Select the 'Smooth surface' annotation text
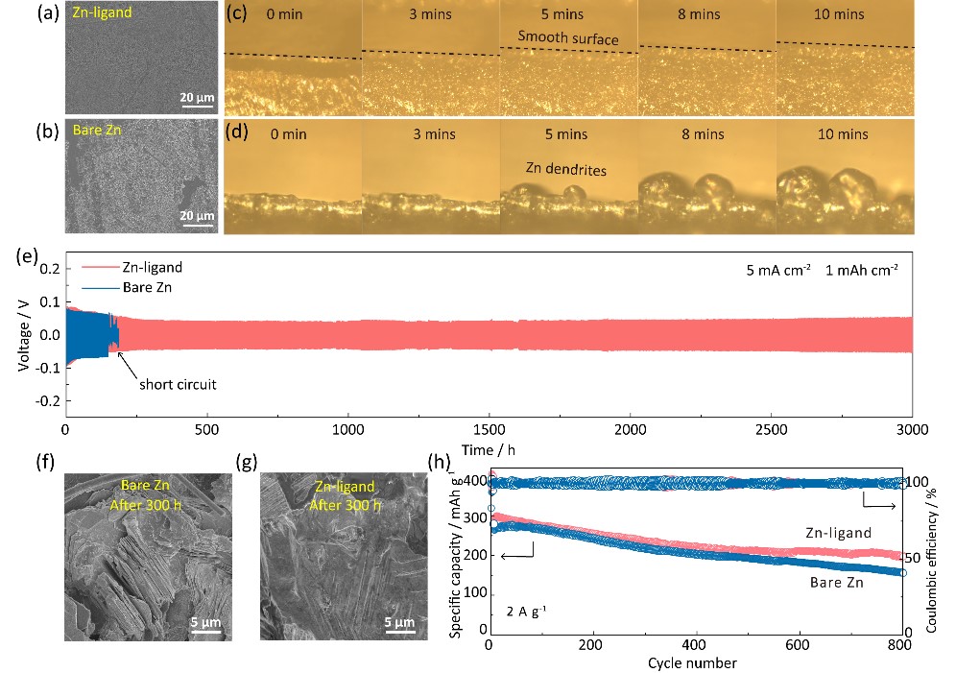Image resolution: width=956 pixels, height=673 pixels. [x=567, y=38]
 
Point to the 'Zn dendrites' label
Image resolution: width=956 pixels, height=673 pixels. [x=565, y=168]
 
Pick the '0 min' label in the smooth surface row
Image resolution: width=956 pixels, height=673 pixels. [x=286, y=14]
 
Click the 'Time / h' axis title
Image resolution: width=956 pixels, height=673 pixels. [x=487, y=449]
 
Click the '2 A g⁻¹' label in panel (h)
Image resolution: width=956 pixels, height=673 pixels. [x=524, y=609]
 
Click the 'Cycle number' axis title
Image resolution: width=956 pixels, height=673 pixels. [x=691, y=662]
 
